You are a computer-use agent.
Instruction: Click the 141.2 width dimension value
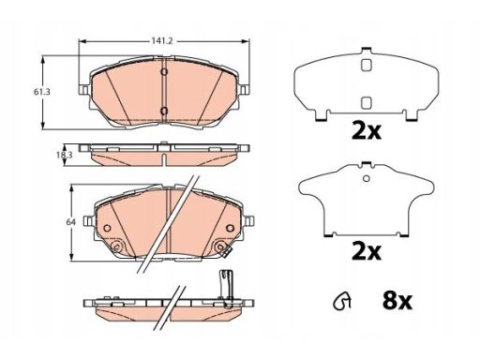[x=162, y=41]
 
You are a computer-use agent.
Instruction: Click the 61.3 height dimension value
[x=42, y=92]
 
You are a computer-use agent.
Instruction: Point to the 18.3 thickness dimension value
[x=65, y=155]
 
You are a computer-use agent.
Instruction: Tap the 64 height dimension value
[x=71, y=222]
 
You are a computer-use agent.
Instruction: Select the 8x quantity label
[x=397, y=301]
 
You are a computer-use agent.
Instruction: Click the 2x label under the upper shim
[x=367, y=131]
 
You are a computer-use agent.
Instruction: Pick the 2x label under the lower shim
[x=367, y=251]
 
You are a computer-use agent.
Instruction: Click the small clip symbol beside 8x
[x=341, y=301]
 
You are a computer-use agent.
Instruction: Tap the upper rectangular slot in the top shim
[x=366, y=65]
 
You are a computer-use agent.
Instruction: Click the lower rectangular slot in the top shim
[x=366, y=103]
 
